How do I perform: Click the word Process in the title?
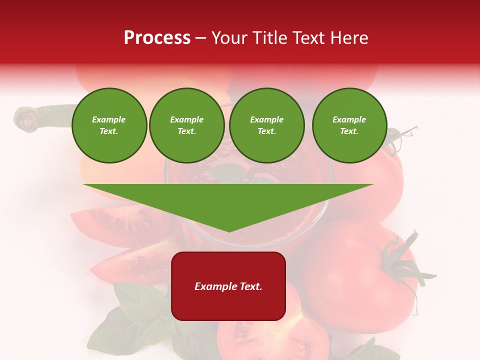point(157,38)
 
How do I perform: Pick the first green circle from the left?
point(109,125)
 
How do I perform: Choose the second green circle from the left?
point(186,125)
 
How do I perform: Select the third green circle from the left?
point(266,125)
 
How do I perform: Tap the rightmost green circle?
point(349,125)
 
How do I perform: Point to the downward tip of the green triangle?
point(229,230)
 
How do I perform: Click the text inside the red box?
point(228,286)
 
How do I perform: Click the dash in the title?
point(200,38)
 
